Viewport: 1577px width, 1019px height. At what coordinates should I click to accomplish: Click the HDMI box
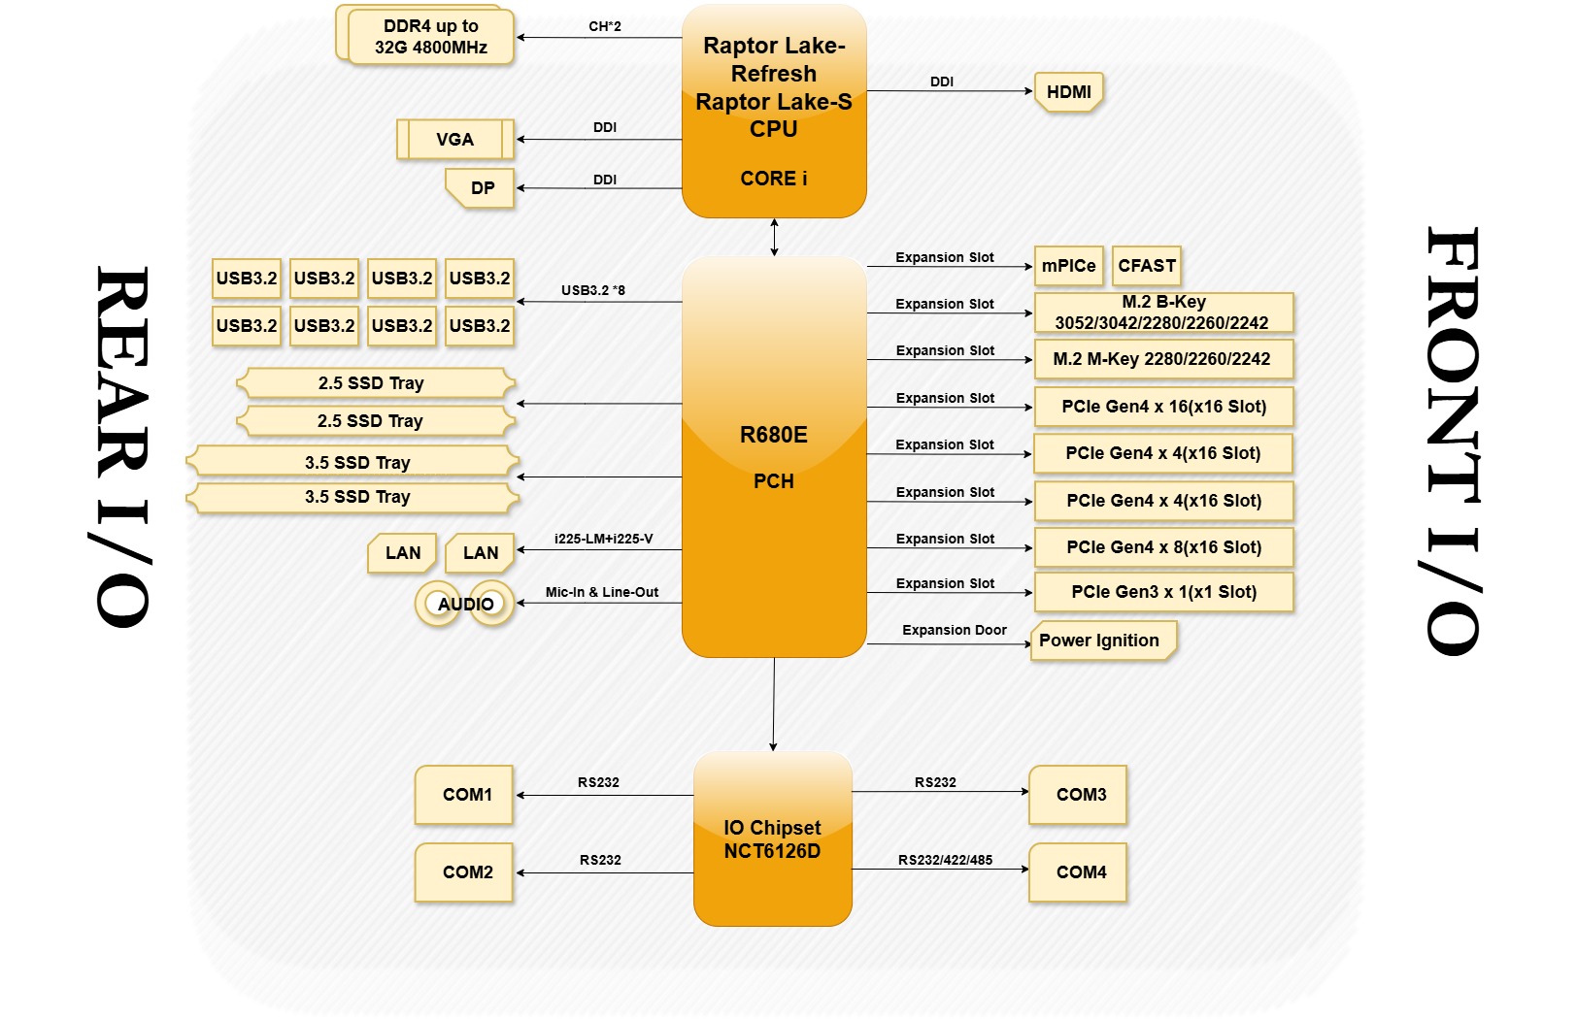click(1068, 92)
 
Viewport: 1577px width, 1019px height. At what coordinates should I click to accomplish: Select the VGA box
click(454, 140)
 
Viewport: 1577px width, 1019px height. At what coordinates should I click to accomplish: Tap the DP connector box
click(482, 188)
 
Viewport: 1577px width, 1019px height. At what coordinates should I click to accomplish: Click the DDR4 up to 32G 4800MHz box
click(430, 37)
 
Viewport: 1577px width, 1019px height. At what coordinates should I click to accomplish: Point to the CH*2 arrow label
click(604, 26)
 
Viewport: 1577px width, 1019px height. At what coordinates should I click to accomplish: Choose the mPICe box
click(1068, 266)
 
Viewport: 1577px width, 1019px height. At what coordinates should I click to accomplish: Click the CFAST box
click(1146, 266)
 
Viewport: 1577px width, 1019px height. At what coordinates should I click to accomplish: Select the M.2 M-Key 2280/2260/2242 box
click(1162, 359)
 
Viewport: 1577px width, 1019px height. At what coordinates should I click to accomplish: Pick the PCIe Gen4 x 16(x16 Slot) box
click(1162, 407)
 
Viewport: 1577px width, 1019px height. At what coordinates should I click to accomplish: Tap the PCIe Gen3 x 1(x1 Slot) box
click(1162, 592)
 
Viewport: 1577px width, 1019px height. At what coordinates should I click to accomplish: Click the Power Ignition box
click(1101, 641)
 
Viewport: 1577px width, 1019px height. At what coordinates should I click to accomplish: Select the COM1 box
click(465, 795)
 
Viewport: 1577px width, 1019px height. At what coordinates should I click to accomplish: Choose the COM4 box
click(1079, 872)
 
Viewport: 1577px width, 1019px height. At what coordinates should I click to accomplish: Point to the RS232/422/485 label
click(944, 860)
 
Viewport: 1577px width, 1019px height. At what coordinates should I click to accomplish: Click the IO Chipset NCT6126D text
click(772, 839)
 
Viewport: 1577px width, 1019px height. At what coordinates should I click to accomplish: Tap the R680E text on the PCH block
click(773, 435)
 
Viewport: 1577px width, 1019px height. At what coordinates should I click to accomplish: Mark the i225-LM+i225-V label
click(603, 539)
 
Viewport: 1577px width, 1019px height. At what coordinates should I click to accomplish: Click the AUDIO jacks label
click(465, 604)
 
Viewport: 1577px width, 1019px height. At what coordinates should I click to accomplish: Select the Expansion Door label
click(954, 630)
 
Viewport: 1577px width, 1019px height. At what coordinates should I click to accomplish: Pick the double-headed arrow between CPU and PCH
click(774, 238)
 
